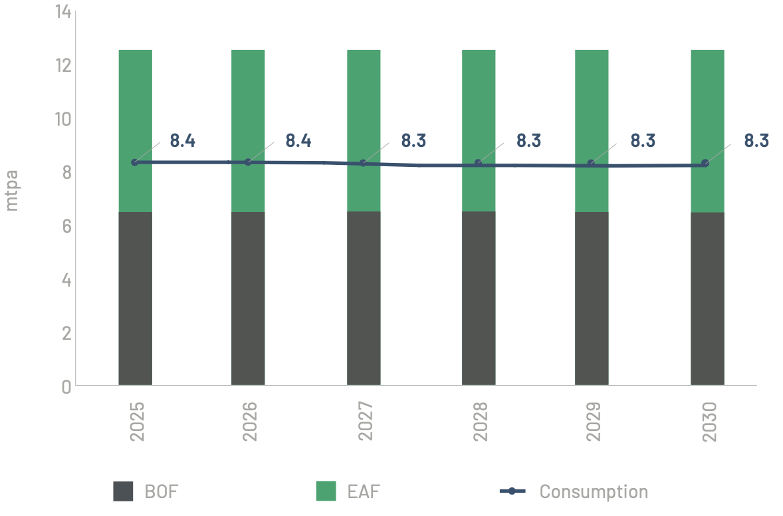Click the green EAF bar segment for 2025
[135, 106]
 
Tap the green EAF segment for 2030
[707, 106]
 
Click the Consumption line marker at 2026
[249, 162]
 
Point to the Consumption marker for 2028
[479, 164]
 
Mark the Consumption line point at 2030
[705, 164]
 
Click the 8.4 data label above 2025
[182, 141]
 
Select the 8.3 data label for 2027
[413, 141]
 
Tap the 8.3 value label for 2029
[643, 141]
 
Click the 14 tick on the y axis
[64, 12]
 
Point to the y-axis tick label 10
[64, 119]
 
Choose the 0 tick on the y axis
[66, 386]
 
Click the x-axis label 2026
[251, 422]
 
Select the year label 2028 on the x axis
[481, 422]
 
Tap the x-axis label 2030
[709, 422]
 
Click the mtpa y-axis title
[11, 190]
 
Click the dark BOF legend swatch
[123, 491]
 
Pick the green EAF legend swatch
[326, 491]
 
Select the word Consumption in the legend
[594, 492]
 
